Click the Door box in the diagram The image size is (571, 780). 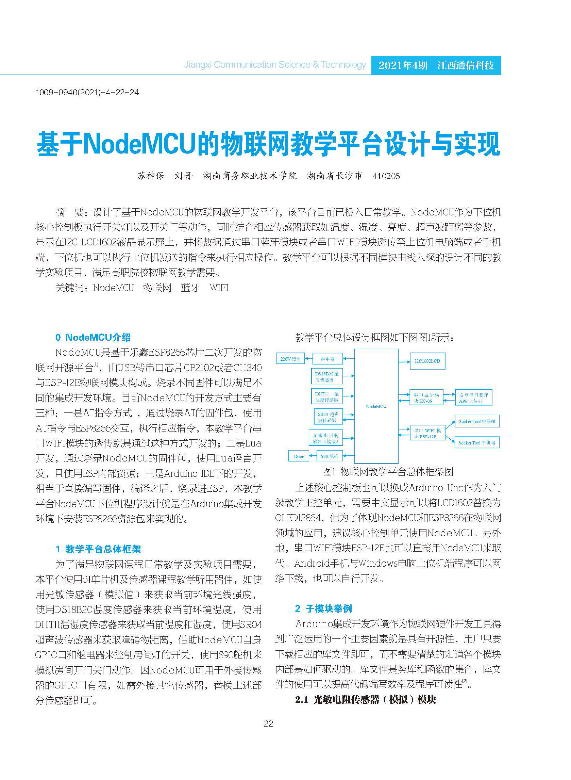tap(299, 456)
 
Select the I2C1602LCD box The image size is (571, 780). tap(427, 361)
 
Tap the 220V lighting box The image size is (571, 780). tap(290, 359)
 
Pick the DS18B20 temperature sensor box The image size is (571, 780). tap(326, 376)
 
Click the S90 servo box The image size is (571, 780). tap(330, 456)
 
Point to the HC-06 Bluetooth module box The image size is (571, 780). tap(426, 398)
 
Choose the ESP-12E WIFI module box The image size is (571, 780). tap(427, 434)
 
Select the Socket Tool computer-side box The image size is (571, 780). tap(477, 421)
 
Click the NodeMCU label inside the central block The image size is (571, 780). tap(376, 406)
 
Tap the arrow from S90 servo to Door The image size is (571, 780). tap(313, 456)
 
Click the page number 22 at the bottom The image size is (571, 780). tap(268, 723)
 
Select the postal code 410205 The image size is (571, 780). tap(386, 176)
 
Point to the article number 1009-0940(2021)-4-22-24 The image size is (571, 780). tap(87, 92)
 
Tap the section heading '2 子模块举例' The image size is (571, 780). tap(323, 608)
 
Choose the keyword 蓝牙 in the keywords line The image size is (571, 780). tap(190, 288)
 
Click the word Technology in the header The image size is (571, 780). tap(343, 65)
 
